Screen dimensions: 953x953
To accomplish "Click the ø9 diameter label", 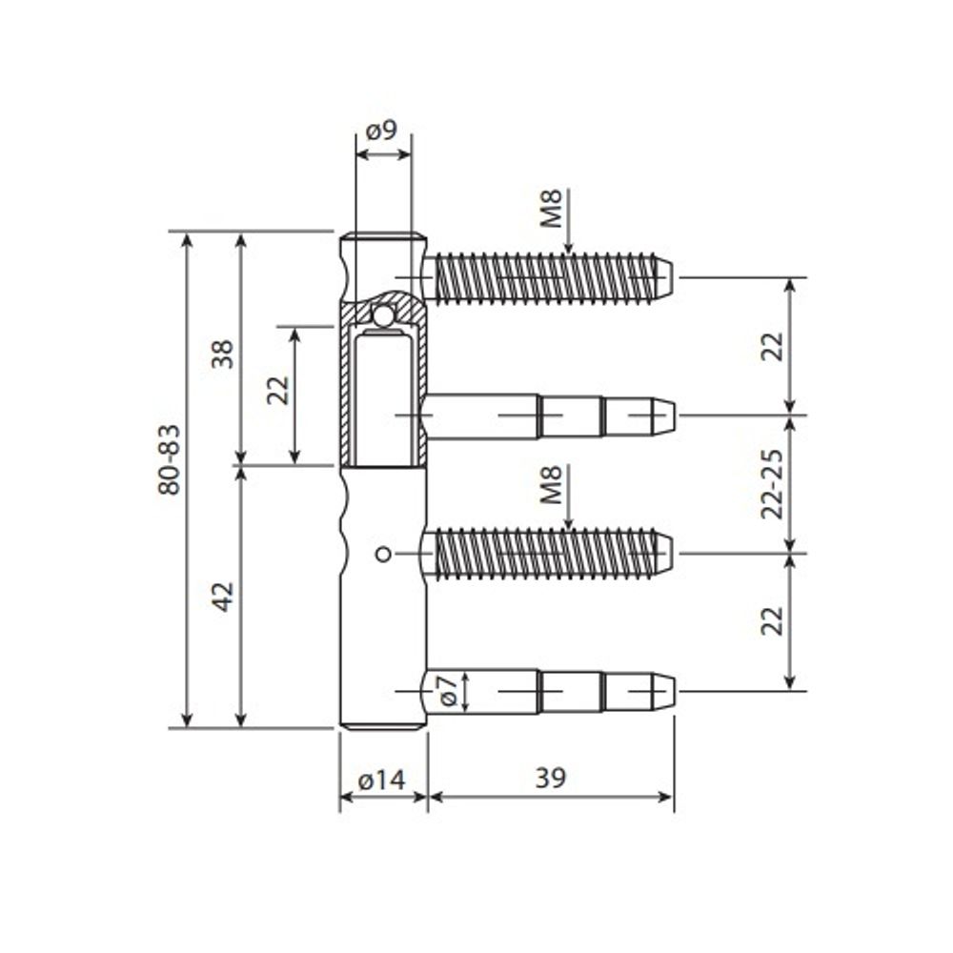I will coord(382,131).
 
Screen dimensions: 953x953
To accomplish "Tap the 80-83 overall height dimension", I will coord(170,458).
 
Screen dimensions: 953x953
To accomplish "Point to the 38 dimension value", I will coord(222,354).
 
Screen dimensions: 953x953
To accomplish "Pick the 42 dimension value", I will coord(222,597).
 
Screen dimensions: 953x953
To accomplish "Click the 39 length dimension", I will coord(550,779).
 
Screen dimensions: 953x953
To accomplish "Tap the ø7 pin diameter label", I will coord(443,689).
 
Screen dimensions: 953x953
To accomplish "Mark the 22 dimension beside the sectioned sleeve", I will coord(277,389).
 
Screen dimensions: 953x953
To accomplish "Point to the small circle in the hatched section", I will coord(383,314).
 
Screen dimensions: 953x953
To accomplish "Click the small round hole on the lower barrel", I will coord(382,554).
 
